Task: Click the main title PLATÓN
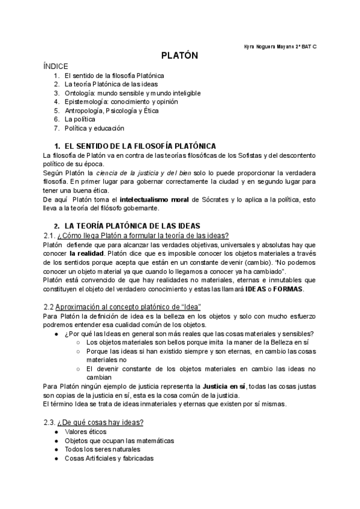pos(179,55)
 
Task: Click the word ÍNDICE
pos(56,66)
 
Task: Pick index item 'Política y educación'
pos(94,128)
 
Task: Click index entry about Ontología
pos(133,93)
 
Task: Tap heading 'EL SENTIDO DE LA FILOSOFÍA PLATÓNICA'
pos(140,146)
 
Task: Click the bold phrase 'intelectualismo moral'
pos(157,199)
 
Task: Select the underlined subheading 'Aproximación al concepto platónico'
pos(130,307)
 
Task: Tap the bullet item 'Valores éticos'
pos(86,432)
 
